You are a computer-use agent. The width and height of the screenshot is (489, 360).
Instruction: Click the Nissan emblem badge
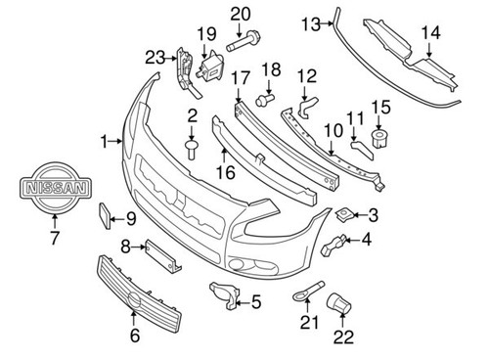click(x=55, y=188)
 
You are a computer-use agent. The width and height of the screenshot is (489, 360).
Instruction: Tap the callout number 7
click(x=55, y=236)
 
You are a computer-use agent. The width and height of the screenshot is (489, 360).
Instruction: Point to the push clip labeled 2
click(x=192, y=148)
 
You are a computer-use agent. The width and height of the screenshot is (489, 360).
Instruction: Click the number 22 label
click(x=342, y=337)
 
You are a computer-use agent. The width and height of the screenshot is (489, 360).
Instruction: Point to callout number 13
click(x=311, y=21)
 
